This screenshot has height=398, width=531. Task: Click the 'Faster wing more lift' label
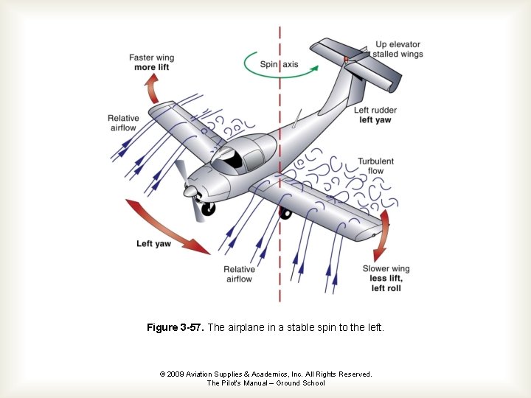[151, 63]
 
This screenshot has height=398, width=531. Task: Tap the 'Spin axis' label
[279, 64]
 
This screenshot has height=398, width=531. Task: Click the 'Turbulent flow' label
[375, 166]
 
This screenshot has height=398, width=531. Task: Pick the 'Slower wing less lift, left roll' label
[386, 279]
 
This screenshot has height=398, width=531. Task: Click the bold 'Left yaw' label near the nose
[153, 243]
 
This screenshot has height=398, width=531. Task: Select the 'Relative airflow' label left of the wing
[122, 123]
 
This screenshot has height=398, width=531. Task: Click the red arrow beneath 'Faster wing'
[153, 91]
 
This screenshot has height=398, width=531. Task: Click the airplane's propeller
[190, 191]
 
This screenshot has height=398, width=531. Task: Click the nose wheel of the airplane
[209, 209]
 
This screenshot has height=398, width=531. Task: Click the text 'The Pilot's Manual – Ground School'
[265, 383]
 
